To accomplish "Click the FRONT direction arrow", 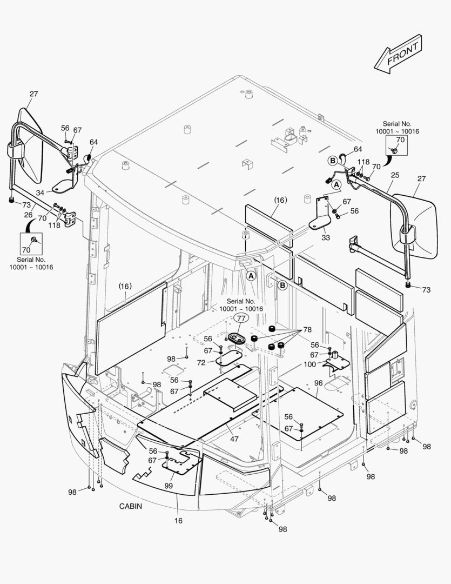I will click(397, 53).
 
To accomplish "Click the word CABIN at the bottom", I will click(131, 506).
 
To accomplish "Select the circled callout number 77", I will click(241, 318).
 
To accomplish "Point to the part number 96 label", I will click(318, 383).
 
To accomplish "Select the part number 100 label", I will click(309, 364).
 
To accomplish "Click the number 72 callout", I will click(201, 363).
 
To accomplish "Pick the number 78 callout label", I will click(307, 330).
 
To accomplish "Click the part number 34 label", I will click(41, 193).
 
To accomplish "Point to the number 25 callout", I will click(395, 176).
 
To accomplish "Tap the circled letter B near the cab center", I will click(282, 284).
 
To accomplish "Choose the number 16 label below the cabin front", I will click(178, 521).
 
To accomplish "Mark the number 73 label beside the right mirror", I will click(426, 290).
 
